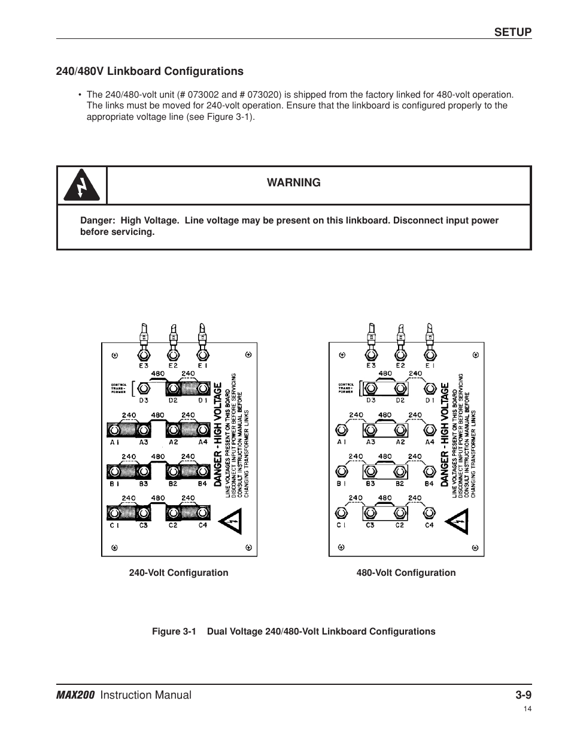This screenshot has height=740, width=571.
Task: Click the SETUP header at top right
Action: click(512, 32)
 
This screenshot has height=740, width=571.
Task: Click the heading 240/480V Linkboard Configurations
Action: click(150, 71)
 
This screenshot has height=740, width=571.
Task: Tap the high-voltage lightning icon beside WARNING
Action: click(81, 186)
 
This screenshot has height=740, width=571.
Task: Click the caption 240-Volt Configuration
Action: click(178, 573)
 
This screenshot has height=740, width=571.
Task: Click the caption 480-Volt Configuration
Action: click(406, 573)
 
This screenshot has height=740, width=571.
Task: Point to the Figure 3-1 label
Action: click(174, 632)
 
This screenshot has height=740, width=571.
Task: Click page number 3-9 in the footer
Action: click(523, 695)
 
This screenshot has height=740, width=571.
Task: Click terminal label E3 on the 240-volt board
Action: click(144, 366)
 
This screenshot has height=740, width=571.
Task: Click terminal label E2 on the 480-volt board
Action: click(400, 366)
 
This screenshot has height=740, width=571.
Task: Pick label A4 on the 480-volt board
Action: click(429, 442)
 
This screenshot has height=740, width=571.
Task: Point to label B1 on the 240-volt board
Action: click(114, 484)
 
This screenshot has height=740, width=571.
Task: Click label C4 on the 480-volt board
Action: click(429, 525)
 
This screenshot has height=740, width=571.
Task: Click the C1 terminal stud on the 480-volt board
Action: click(341, 513)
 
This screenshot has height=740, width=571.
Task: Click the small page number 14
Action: click(527, 709)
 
